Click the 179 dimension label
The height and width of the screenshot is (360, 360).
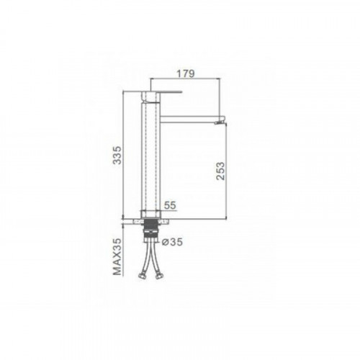(186, 73)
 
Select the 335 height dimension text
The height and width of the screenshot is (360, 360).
(117, 155)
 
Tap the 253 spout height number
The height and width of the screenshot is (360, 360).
(220, 171)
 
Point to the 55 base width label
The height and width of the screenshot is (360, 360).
(170, 205)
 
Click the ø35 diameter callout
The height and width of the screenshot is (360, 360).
(172, 242)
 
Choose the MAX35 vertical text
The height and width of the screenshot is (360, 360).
(117, 257)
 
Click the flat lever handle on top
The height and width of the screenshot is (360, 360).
(162, 91)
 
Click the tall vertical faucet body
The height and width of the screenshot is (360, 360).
(150, 156)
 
